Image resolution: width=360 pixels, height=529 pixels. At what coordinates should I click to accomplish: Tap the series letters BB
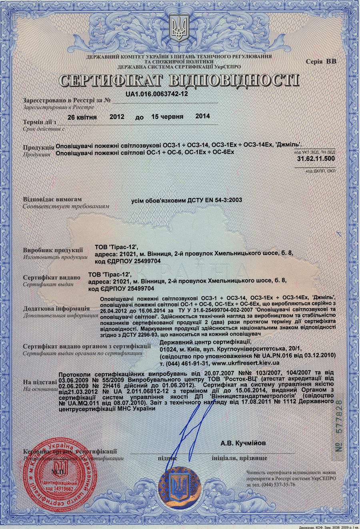click(x=331, y=61)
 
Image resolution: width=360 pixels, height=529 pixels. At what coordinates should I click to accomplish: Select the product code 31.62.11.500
click(x=316, y=159)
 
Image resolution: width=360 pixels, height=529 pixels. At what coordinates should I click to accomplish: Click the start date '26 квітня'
click(x=82, y=117)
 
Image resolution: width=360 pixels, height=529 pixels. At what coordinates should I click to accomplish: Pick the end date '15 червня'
click(x=167, y=117)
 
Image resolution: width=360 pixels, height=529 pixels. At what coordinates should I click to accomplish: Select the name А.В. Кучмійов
click(x=243, y=443)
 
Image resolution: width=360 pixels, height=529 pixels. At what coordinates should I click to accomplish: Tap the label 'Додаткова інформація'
click(x=56, y=309)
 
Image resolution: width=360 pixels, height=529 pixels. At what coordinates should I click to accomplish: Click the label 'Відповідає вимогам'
click(x=52, y=199)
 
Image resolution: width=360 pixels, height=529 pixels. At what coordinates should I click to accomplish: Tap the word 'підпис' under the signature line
click(x=168, y=458)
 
